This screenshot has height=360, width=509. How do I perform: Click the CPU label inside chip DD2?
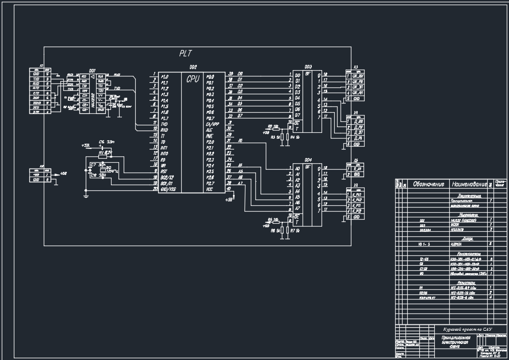(x=193, y=79)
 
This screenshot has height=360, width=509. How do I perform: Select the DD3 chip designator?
(x=308, y=67)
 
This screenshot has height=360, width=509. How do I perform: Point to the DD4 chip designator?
(x=308, y=160)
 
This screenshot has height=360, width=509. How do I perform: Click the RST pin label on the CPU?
(x=164, y=171)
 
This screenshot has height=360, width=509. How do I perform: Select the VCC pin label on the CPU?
(x=210, y=189)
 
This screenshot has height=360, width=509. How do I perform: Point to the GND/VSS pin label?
(x=168, y=189)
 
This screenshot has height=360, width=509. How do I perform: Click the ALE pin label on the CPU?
(x=209, y=130)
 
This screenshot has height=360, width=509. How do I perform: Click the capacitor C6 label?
(x=102, y=141)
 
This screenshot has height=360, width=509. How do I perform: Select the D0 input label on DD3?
(x=297, y=75)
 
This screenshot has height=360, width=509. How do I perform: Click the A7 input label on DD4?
(x=297, y=209)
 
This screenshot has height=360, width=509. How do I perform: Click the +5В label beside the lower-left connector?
(x=63, y=173)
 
